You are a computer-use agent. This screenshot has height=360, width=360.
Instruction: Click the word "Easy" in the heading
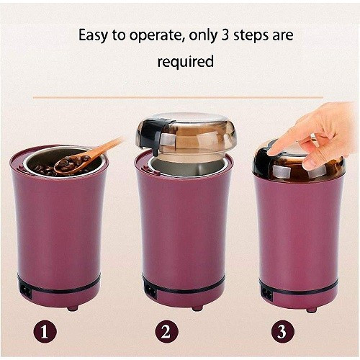[x=94, y=36]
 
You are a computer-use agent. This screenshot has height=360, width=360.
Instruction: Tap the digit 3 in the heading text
[x=225, y=35]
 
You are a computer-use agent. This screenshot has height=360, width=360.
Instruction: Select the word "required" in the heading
[x=185, y=62]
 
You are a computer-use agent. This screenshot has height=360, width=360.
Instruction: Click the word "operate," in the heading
[x=157, y=36]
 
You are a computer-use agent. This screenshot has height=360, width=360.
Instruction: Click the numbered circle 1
[x=45, y=332]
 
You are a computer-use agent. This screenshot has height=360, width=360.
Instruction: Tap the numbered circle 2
[x=166, y=332]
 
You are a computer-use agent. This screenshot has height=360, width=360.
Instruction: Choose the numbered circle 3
[x=282, y=332]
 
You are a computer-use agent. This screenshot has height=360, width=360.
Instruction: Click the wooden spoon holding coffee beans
[x=84, y=158]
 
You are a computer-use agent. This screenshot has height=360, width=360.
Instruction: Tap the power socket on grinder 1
[x=26, y=291]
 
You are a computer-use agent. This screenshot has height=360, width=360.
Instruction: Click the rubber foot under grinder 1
[x=72, y=308]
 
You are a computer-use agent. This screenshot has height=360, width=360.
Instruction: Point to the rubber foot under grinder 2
[x=197, y=308]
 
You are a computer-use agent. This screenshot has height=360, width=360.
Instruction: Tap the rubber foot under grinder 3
[x=311, y=310]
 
